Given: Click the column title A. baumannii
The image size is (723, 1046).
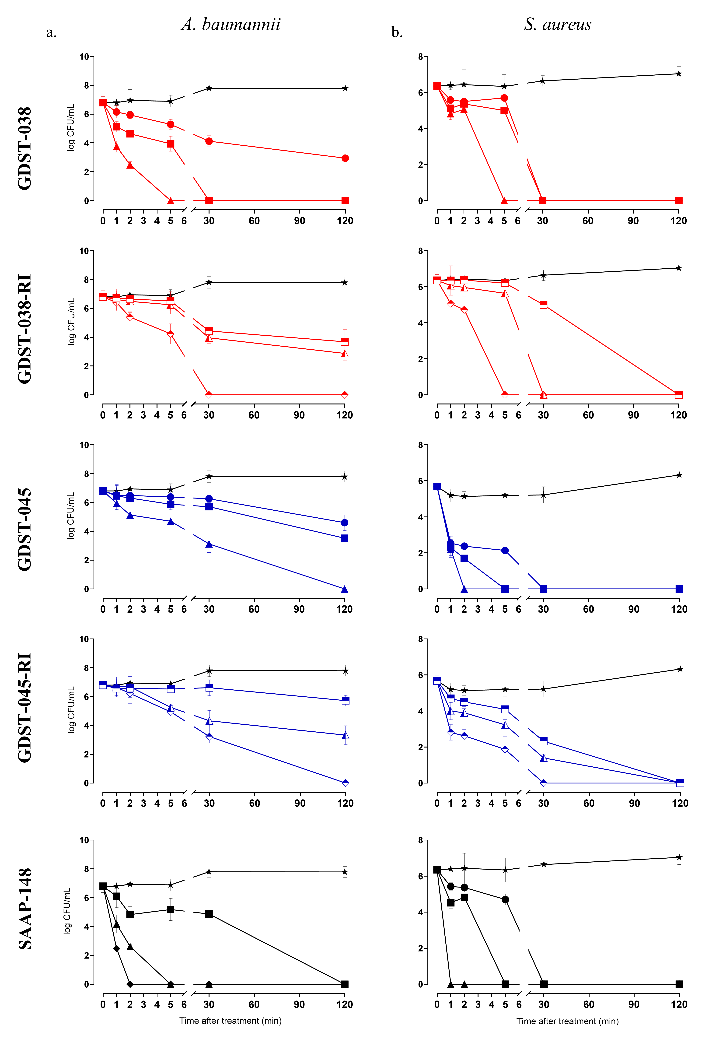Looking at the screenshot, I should click(231, 25).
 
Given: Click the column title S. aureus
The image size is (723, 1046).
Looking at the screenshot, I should click(558, 25).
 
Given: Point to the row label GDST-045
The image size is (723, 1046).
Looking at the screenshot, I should click(25, 529).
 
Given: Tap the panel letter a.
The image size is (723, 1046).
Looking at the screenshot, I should click(51, 33).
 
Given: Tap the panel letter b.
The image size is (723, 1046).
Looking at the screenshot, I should click(397, 33).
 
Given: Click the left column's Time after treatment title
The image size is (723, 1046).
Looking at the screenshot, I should click(231, 1021).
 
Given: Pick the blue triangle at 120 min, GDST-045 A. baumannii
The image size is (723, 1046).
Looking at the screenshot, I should click(344, 589).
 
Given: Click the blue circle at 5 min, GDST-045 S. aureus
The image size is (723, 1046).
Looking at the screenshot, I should click(505, 550).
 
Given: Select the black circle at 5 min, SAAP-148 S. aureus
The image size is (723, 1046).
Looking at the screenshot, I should click(505, 900).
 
